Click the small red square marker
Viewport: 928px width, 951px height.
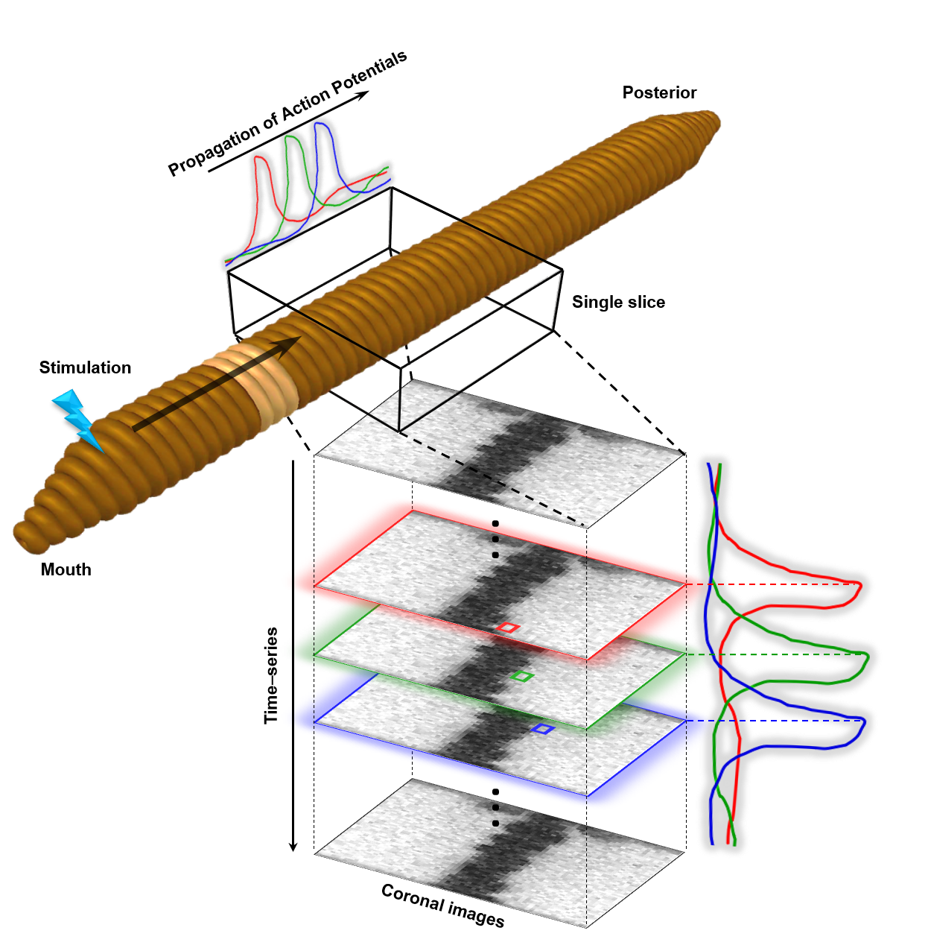pos(508,628)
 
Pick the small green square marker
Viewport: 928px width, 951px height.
pos(524,676)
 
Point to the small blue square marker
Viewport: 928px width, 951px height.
pos(543,729)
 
